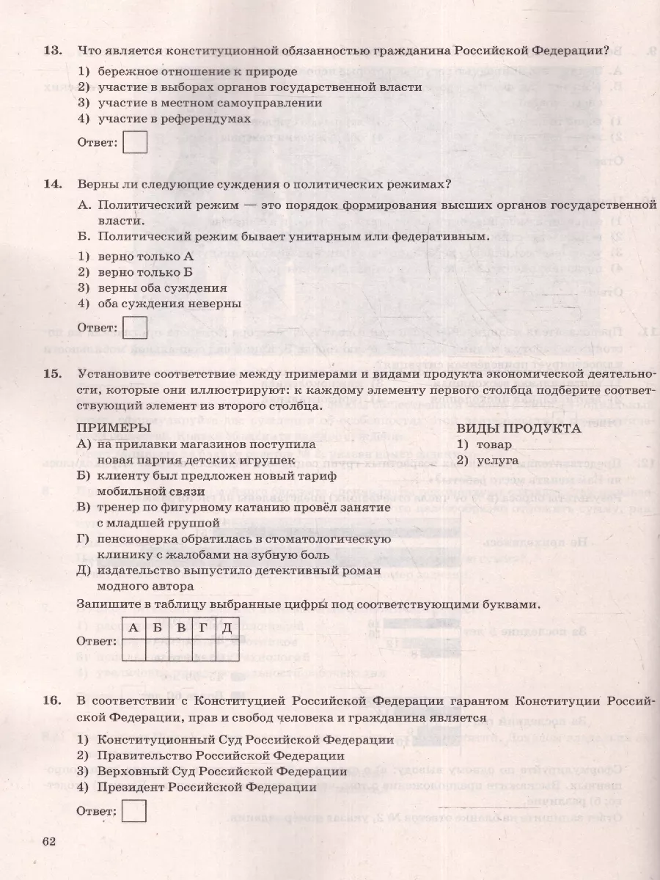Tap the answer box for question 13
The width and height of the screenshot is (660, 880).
click(135, 142)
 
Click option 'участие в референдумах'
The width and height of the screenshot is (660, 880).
click(174, 118)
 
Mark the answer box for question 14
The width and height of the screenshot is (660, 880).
click(135, 327)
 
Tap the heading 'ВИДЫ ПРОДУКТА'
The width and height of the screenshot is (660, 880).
click(518, 428)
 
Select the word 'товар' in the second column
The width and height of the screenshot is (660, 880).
click(494, 444)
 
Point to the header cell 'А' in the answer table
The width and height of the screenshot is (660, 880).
click(133, 627)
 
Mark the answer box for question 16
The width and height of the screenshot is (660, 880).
click(134, 811)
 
